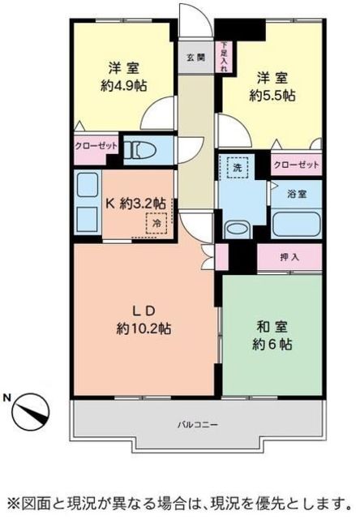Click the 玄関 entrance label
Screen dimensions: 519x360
[x=195, y=58]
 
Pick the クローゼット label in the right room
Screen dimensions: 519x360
[x=296, y=165]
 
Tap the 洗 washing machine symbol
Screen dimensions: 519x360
[x=237, y=166]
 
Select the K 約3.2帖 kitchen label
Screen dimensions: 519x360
[x=135, y=203]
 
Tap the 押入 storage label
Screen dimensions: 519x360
[x=289, y=258]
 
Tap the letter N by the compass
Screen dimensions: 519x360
[x=7, y=398]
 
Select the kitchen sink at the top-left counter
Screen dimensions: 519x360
[x=88, y=185]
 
